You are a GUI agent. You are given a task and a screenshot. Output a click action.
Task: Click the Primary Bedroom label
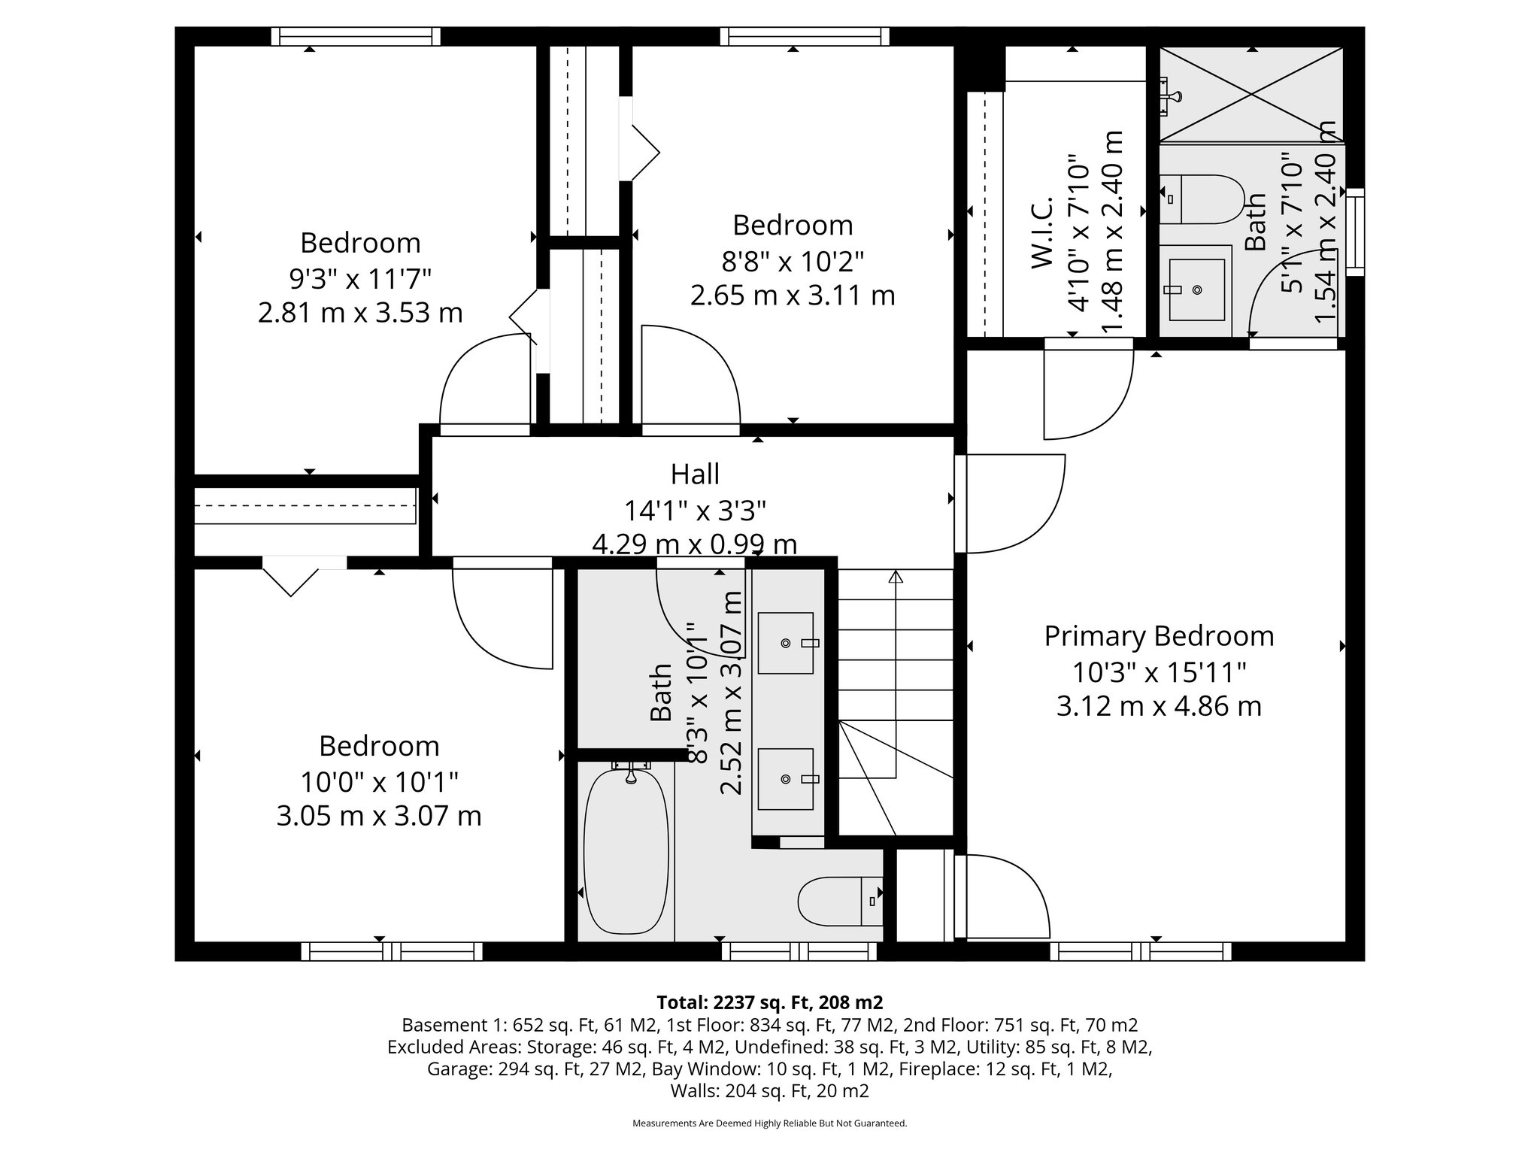1159,636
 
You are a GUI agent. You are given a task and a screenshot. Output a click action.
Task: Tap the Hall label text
695,474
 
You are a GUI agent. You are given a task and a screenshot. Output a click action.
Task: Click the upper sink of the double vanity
786,643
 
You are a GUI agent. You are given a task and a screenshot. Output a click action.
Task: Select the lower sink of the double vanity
786,779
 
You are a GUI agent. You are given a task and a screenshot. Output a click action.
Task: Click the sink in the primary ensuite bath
1196,290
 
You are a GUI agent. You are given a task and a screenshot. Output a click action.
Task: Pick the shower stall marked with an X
1251,94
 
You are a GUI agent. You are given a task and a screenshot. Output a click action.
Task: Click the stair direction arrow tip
896,577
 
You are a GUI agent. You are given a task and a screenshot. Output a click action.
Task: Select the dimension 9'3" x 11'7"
360,278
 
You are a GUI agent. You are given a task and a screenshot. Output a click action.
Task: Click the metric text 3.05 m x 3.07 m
379,816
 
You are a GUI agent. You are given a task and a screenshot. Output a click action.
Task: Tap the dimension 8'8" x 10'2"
793,261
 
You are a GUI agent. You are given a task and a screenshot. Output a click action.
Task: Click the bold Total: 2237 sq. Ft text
769,1002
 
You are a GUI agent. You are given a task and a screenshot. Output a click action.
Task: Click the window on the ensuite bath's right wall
1354,232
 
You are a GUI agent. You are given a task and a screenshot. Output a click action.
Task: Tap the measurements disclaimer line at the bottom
769,1123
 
